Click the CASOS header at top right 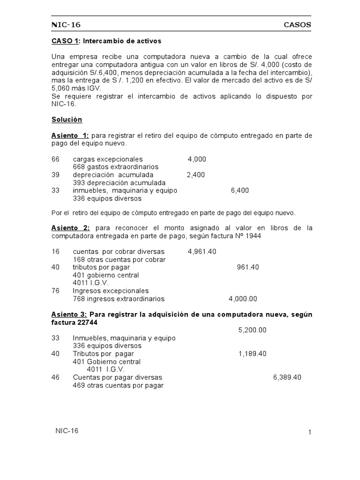point(297,25)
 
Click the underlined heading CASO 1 point(65,41)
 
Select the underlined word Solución point(67,120)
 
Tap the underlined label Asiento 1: point(70,135)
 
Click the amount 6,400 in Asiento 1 point(240,190)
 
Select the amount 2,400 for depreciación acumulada point(195,175)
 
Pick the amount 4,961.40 point(202,251)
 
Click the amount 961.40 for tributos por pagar point(248,267)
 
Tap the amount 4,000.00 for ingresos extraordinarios point(243,299)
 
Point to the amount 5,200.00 point(252,330)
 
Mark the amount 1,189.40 point(252,353)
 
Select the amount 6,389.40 point(287,377)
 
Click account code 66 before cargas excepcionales point(55,159)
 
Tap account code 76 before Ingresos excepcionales point(55,291)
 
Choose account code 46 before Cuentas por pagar point(55,377)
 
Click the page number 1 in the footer point(310,433)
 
